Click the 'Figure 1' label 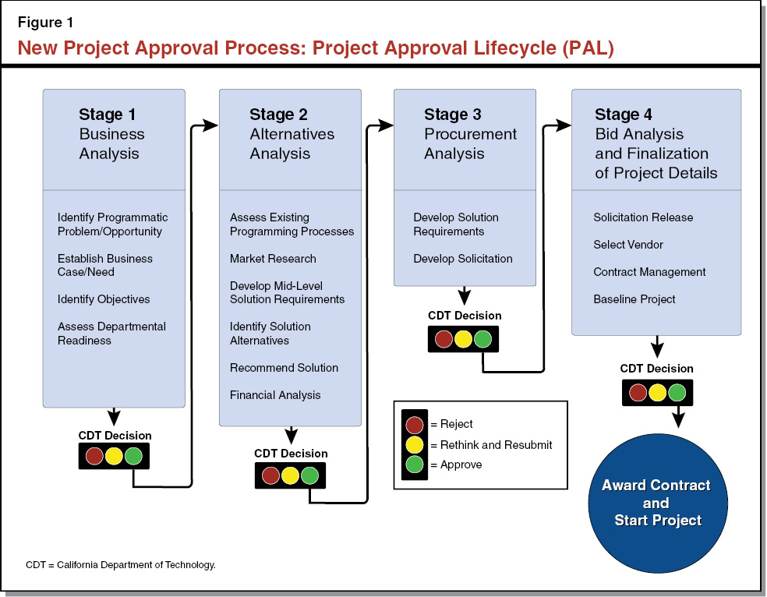pyautogui.click(x=46, y=23)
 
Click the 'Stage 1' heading pyautogui.click(x=107, y=115)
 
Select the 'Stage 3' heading pyautogui.click(x=453, y=115)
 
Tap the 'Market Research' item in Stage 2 pyautogui.click(x=273, y=259)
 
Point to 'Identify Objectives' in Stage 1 pyautogui.click(x=104, y=299)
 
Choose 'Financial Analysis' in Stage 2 pyautogui.click(x=275, y=395)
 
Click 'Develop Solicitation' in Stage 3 pyautogui.click(x=463, y=259)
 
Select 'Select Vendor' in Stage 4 pyautogui.click(x=628, y=245)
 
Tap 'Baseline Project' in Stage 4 pyautogui.click(x=634, y=299)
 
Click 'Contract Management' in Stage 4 pyautogui.click(x=649, y=272)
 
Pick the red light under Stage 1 pyautogui.click(x=95, y=456)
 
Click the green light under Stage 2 pyautogui.click(x=309, y=475)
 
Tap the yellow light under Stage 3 pyautogui.click(x=464, y=339)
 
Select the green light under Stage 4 pyautogui.click(x=677, y=392)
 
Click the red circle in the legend pyautogui.click(x=415, y=424)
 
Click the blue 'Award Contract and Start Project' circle pyautogui.click(x=656, y=503)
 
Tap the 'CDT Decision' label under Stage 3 pyautogui.click(x=465, y=316)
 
